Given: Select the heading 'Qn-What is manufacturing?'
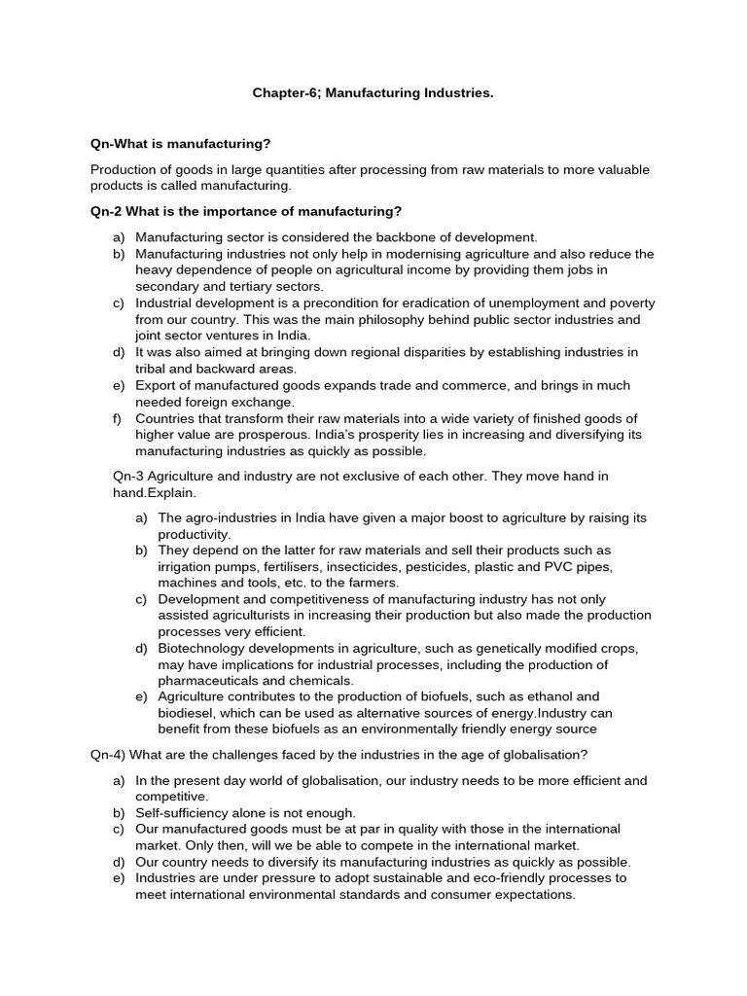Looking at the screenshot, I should [x=180, y=143].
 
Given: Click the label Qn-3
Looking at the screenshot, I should [x=131, y=476].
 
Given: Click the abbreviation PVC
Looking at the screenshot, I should [x=561, y=566].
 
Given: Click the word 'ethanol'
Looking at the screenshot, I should [x=565, y=696].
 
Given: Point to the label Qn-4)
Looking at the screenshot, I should [x=109, y=755].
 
